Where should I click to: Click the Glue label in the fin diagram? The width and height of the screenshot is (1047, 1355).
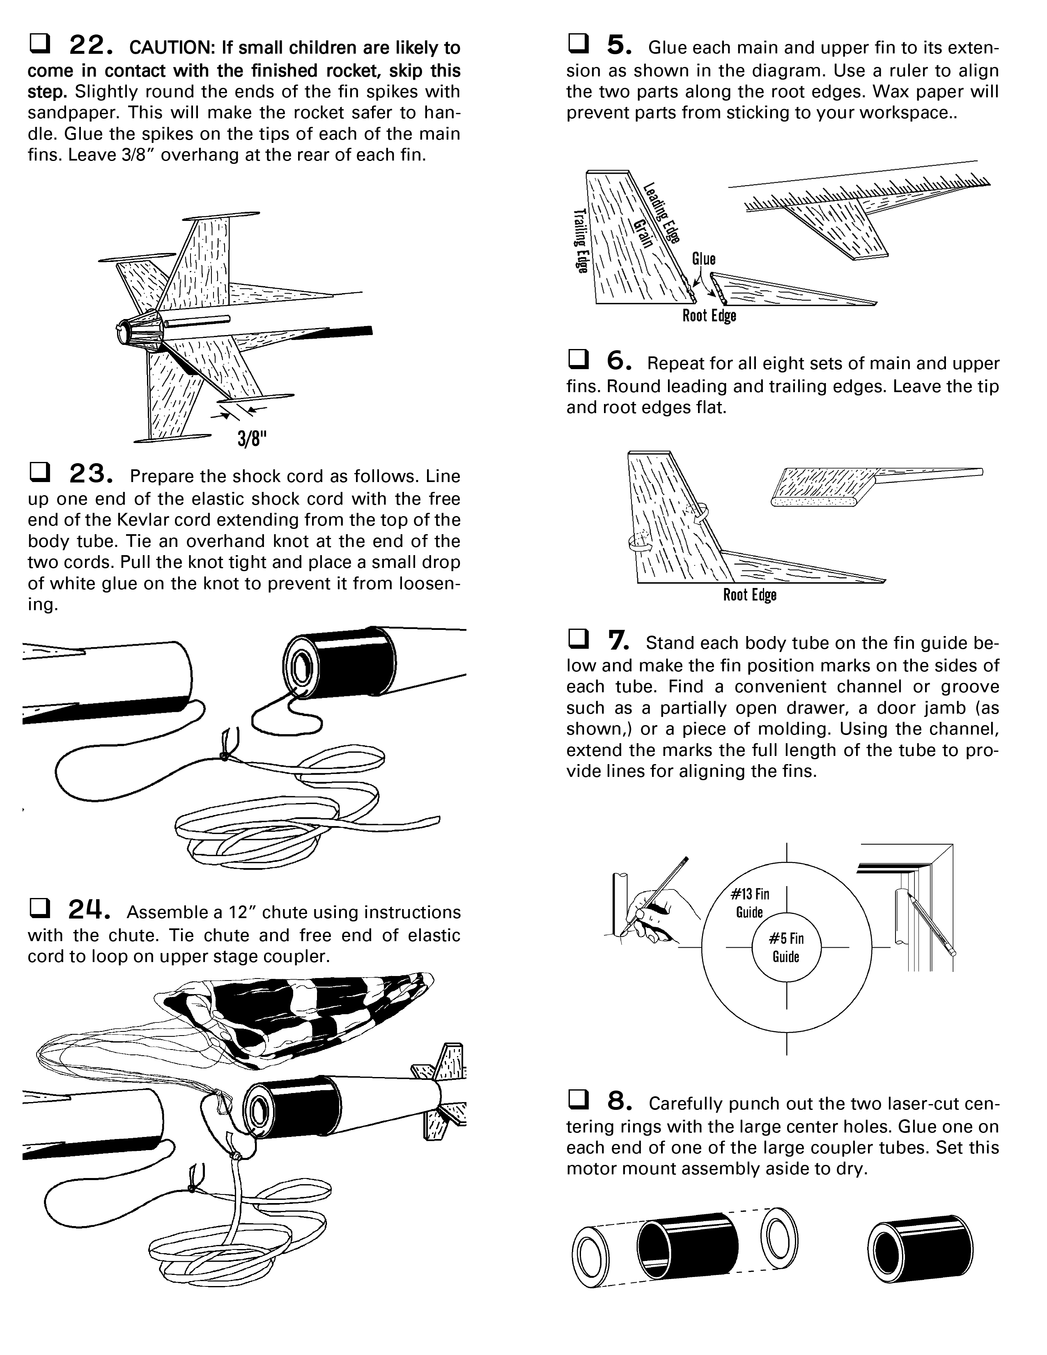point(704,259)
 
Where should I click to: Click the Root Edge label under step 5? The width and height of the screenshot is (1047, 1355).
point(709,316)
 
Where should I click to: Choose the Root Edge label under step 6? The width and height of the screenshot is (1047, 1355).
point(749,595)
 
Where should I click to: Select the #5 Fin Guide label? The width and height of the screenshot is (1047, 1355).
point(786,947)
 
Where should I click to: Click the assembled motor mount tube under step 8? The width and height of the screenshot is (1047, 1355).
point(921,1248)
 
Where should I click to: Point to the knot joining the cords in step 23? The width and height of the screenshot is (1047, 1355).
point(223,756)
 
